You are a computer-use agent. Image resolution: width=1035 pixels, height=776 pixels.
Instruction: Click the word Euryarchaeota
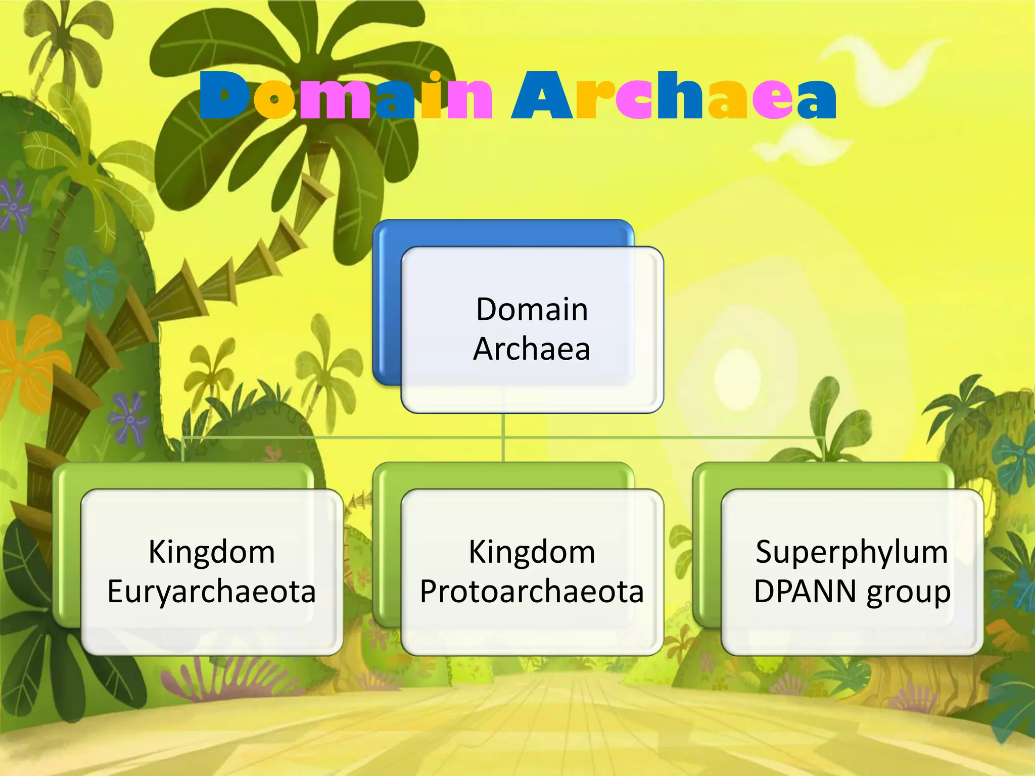pos(212,592)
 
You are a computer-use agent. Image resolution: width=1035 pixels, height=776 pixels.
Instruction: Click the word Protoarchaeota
pos(532,592)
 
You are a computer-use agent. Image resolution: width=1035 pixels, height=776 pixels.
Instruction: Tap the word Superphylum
pos(852,552)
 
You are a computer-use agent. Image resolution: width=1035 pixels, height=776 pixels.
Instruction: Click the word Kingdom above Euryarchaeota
pos(212,552)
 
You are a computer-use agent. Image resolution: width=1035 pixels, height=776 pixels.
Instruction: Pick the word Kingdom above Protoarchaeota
pos(532,552)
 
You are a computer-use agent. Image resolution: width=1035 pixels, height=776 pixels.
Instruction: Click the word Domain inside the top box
pos(532,309)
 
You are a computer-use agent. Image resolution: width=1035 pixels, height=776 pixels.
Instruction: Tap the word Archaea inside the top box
pos(532,349)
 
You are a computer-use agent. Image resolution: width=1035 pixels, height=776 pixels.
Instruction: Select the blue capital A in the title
pos(543,96)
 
